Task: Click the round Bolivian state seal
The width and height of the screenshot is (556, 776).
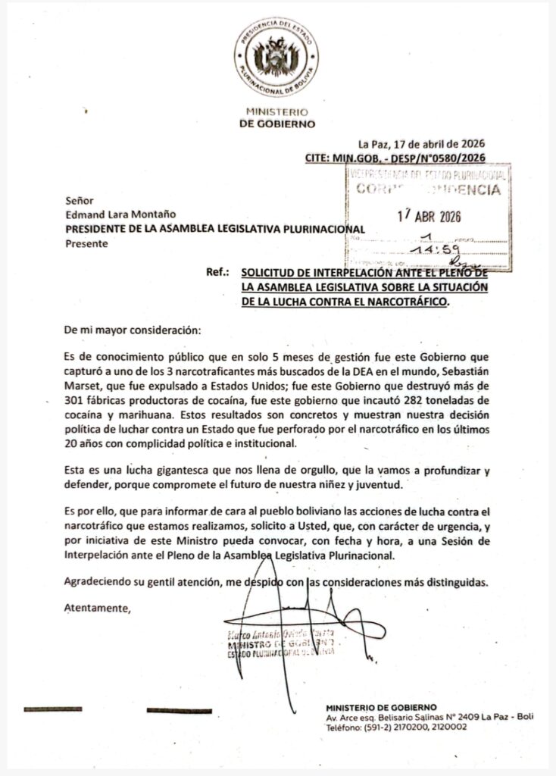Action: (276, 57)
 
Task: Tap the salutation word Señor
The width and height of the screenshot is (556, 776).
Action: (79, 202)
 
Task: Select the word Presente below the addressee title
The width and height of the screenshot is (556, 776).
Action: (86, 243)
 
